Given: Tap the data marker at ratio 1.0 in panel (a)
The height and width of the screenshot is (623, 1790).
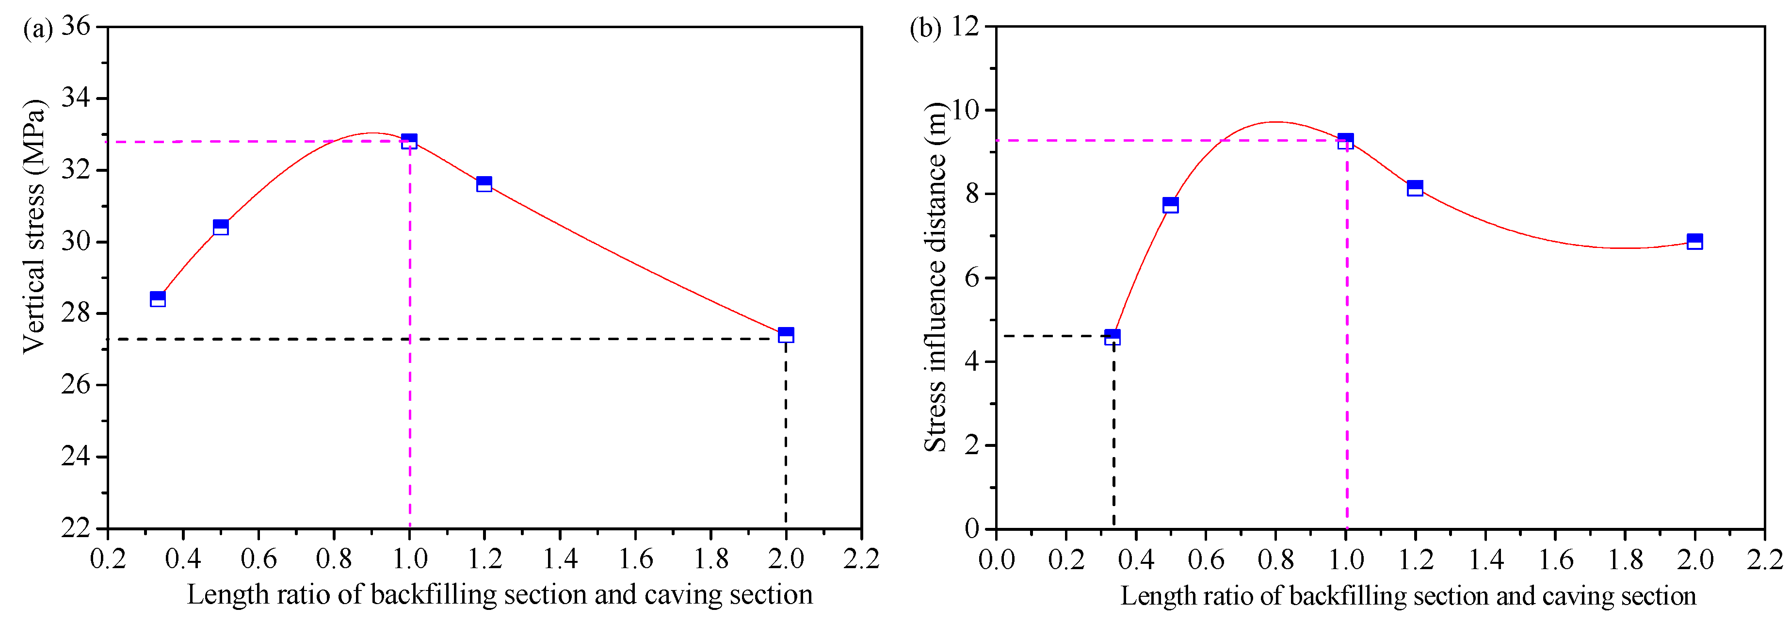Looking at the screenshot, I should click(409, 142).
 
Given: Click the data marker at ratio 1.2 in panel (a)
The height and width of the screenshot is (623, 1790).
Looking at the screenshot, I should click(484, 183).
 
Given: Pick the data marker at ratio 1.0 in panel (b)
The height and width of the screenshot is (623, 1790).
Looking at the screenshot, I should click(1345, 142).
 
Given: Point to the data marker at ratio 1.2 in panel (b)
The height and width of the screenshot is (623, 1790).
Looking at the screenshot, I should click(1415, 188).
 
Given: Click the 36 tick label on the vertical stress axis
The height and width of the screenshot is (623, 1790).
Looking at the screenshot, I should click(76, 26).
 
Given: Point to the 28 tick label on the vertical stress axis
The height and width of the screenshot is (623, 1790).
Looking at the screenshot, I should click(76, 313).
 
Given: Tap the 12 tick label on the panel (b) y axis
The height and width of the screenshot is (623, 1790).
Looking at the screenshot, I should click(965, 26).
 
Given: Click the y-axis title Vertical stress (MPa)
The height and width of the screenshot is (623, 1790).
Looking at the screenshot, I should click(33, 226).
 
